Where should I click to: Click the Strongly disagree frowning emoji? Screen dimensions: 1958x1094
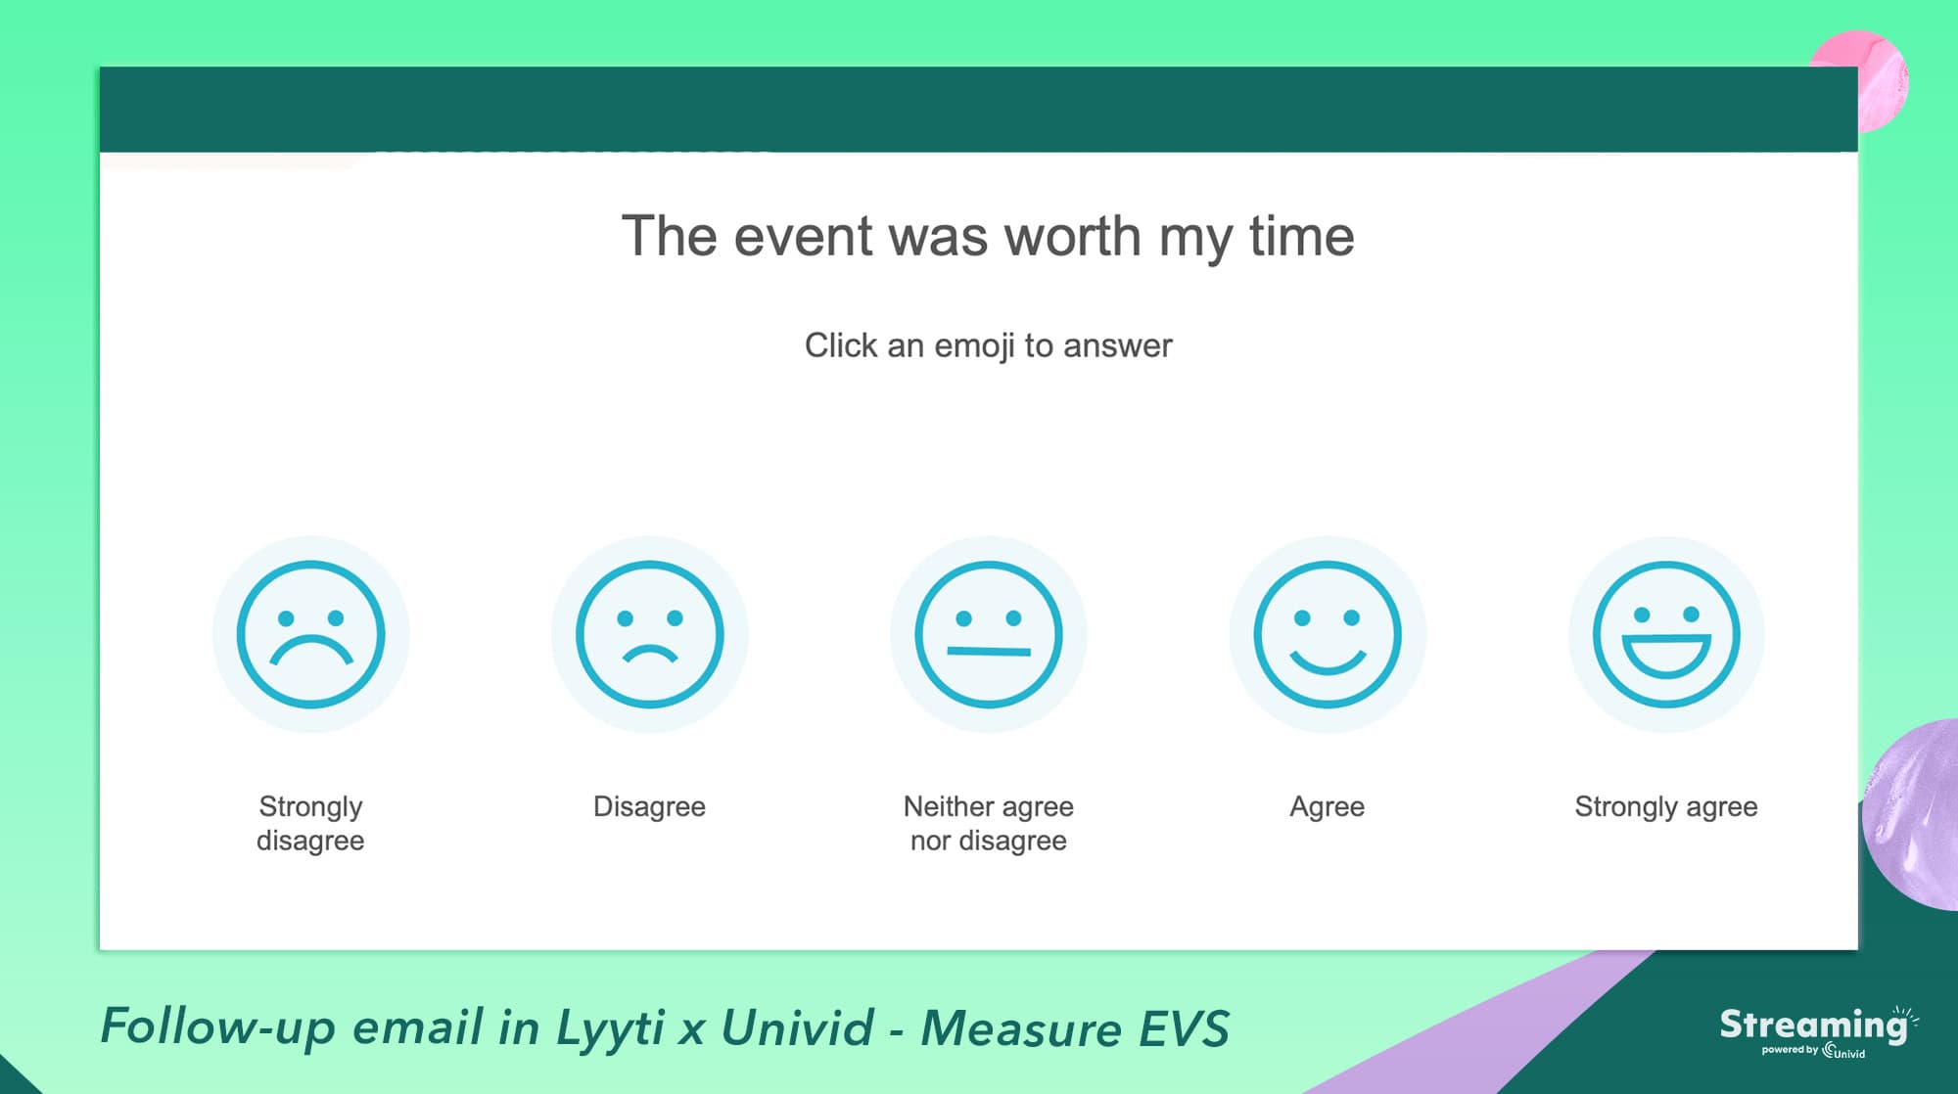pos(310,634)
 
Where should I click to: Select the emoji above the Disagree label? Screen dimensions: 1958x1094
pos(649,634)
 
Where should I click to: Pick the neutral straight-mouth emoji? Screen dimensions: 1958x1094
pos(989,634)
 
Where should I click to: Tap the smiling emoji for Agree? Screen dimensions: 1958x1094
pos(1328,634)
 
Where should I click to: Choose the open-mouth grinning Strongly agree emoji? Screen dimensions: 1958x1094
pos(1666,634)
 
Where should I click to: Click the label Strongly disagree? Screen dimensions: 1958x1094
pos(310,824)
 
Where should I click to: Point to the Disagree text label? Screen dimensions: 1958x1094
pos(649,807)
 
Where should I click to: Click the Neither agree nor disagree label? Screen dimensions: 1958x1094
pos(989,824)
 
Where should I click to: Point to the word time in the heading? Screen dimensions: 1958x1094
pos(1302,237)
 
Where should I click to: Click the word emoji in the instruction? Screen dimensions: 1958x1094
pos(974,346)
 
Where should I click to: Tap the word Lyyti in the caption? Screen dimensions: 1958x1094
pos(609,1027)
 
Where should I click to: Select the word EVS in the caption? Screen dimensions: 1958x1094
pos(1183,1028)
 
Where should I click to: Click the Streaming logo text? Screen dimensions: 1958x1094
pos(1814,1026)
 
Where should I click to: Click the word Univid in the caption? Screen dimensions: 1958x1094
pos(797,1027)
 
